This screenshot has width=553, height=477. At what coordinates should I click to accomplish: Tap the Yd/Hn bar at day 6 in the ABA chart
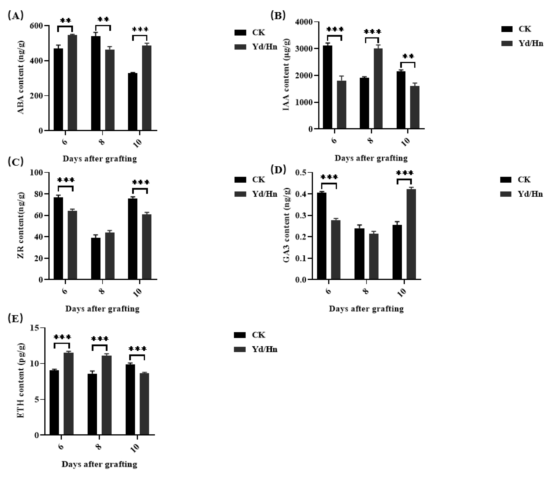pyautogui.click(x=72, y=83)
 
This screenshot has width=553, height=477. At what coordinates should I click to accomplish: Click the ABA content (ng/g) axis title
pyautogui.click(x=21, y=78)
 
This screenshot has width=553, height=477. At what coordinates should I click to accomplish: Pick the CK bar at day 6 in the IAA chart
pyautogui.click(x=327, y=87)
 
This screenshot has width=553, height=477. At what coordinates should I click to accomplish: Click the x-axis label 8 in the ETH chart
pyautogui.click(x=99, y=447)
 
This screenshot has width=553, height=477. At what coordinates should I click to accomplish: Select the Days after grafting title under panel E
pyautogui.click(x=99, y=464)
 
